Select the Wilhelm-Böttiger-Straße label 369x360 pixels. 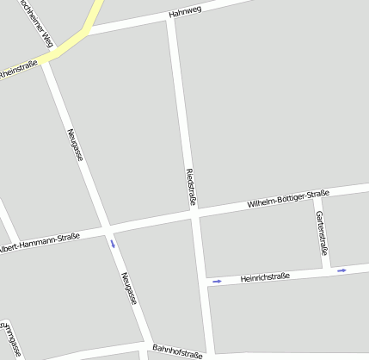coord(288,199)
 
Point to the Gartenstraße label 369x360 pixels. coord(321,233)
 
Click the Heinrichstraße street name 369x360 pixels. coord(265,277)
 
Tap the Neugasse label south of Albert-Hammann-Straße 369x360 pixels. coord(129,289)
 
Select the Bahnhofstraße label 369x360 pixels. coord(177,351)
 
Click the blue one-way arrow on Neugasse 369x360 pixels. coord(113,244)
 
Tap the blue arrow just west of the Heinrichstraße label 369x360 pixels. coord(217,281)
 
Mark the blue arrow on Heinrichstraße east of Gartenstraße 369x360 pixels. coord(341,270)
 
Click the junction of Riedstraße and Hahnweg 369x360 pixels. coord(169,21)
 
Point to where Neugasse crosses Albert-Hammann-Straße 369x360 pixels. coord(108,228)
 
